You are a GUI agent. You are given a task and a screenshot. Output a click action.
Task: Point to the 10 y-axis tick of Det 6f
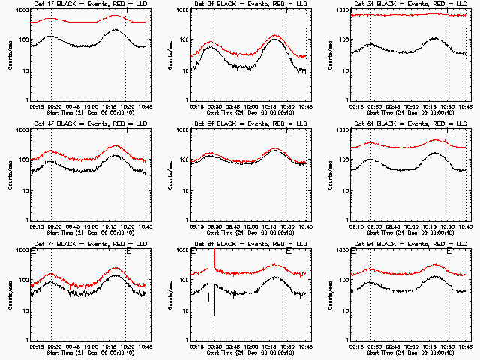(344, 190)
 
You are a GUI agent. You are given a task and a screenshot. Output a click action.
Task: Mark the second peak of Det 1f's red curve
(115, 15)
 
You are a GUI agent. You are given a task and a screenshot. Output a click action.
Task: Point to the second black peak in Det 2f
(275, 40)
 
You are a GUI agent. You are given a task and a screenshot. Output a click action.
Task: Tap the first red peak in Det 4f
(50, 151)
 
